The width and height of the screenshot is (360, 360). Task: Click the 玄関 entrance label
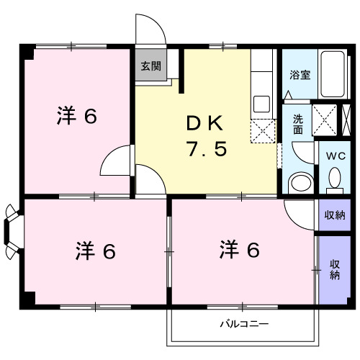click(x=150, y=66)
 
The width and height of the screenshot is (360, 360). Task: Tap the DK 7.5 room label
click(x=207, y=137)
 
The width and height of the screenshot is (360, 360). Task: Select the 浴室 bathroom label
click(x=300, y=73)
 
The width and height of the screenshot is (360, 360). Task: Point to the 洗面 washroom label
click(x=297, y=124)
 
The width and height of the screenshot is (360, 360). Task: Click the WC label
click(x=335, y=156)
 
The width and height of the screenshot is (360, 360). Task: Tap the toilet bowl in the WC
click(x=335, y=178)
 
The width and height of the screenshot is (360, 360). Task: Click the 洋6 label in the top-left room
click(x=76, y=117)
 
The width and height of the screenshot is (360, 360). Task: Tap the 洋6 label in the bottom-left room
click(x=96, y=251)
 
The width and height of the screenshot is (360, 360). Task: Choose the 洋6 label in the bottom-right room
click(x=239, y=250)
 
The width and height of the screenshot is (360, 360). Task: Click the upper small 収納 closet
click(x=334, y=215)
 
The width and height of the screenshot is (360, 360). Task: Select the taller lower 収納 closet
click(x=335, y=269)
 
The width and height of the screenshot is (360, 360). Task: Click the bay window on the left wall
click(x=12, y=231)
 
